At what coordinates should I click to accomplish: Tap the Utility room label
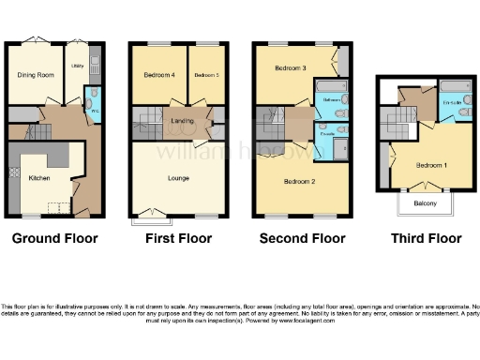[x=79, y=67]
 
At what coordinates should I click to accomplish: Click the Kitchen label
[x=38, y=176]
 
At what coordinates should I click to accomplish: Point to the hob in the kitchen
[x=13, y=173]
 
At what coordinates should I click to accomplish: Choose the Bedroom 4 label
[x=158, y=75]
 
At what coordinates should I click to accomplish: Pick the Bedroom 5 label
[x=206, y=75]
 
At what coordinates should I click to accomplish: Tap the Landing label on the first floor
[x=182, y=120]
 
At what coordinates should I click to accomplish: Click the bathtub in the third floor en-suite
[x=455, y=89]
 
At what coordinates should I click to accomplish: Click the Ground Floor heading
[x=54, y=239]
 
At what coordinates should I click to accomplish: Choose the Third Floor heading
[x=426, y=239]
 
